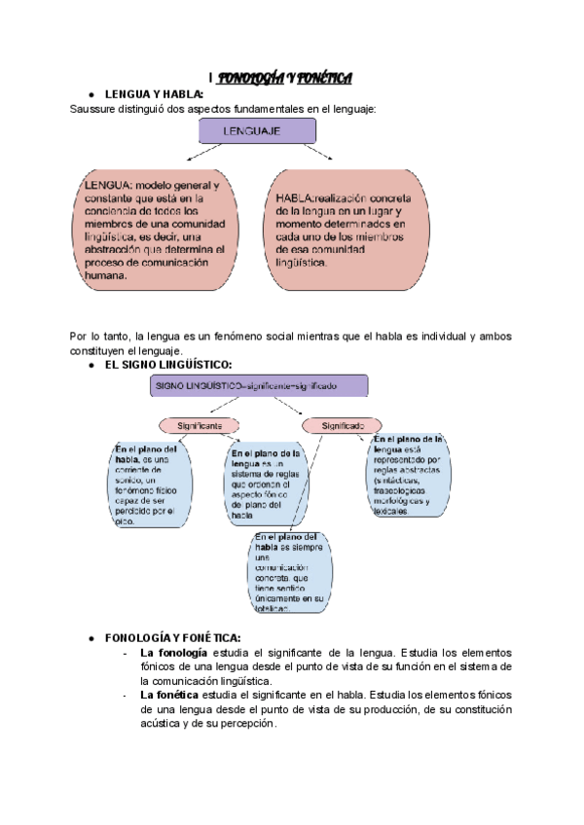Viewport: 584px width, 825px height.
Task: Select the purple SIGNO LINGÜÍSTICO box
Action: (258, 385)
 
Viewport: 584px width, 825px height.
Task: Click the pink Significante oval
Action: (200, 425)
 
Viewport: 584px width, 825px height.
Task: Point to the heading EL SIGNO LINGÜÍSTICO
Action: (167, 363)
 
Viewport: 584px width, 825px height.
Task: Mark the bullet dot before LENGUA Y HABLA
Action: (91, 94)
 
